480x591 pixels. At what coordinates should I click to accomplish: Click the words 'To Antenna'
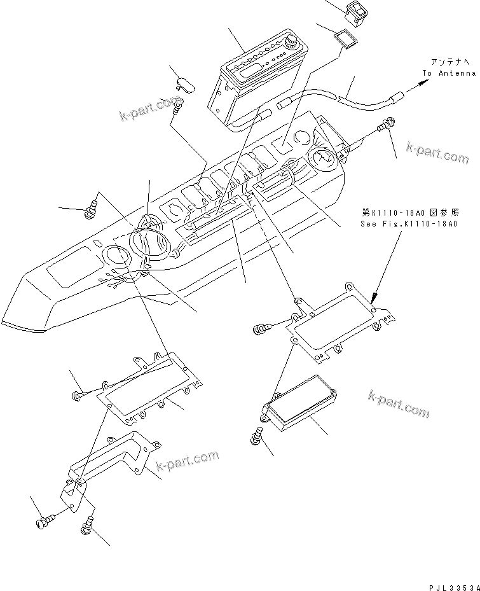(x=449, y=73)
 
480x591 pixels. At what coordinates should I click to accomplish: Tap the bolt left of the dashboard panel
(x=92, y=207)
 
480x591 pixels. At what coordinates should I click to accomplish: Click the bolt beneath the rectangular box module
(x=257, y=436)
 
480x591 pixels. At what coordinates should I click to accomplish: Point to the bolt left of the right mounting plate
(x=261, y=328)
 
